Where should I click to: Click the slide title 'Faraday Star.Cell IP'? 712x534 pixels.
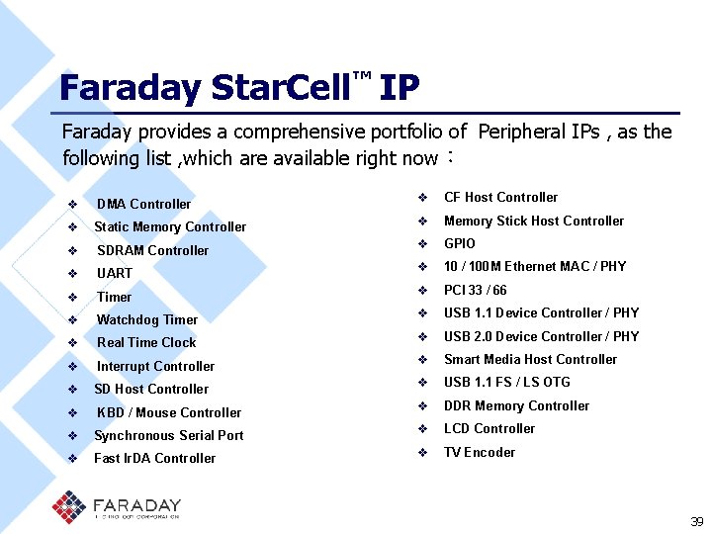point(238,89)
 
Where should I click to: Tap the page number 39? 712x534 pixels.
point(696,521)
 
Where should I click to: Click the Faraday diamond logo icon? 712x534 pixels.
point(69,506)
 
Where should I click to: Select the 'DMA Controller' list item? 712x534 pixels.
point(143,204)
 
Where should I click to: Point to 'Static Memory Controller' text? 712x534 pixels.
point(170,226)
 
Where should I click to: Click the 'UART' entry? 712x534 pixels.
point(115,273)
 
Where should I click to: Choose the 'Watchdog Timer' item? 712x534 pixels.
point(146,319)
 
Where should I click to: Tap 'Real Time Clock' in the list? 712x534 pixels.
point(146,342)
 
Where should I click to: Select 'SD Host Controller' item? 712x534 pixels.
point(151,389)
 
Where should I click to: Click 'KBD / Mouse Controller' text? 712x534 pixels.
point(169,412)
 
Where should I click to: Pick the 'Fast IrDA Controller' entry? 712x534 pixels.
point(154,458)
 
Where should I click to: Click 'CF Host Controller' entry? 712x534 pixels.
point(500,197)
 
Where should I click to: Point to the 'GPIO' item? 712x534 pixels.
point(460,243)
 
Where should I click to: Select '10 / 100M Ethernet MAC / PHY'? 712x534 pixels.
point(535,266)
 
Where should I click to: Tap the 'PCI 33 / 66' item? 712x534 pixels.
point(476,290)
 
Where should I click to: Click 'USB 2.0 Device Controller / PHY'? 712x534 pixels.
point(541,336)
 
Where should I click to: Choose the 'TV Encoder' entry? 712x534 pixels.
point(480,452)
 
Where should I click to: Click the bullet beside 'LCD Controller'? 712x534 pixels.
point(421,429)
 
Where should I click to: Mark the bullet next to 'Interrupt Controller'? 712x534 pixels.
point(72,366)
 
